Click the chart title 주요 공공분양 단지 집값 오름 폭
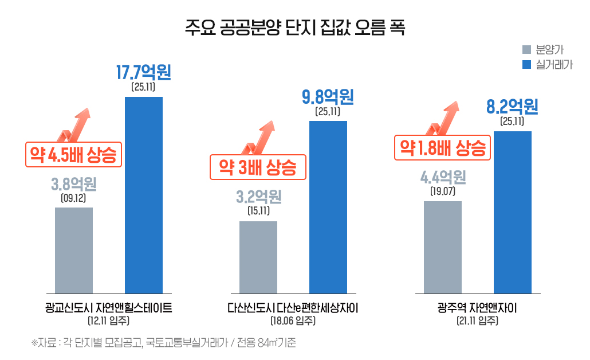click(295, 28)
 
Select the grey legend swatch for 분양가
click(526, 50)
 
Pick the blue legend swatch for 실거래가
click(526, 64)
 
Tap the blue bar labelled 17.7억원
click(144, 195)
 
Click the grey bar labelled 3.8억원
click(74, 251)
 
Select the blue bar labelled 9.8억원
click(328, 207)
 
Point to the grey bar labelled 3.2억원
click(258, 257)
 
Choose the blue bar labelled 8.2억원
click(513, 212)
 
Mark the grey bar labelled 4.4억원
click(443, 247)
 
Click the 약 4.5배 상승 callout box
click(74, 154)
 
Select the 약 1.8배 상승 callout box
click(443, 147)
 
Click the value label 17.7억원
click(143, 73)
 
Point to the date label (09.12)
click(73, 198)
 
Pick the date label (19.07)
click(442, 191)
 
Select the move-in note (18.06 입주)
click(293, 321)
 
